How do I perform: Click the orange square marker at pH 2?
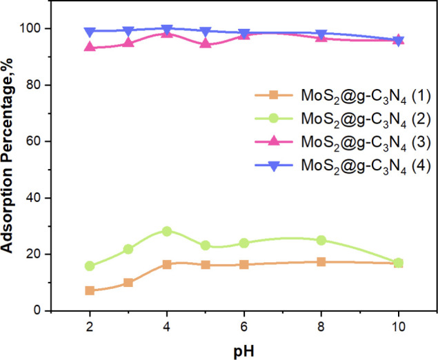90,290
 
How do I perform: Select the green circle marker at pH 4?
167,231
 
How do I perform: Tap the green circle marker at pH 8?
321,240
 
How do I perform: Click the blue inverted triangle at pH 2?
90,32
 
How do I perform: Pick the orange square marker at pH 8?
321,262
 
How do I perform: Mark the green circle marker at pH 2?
90,266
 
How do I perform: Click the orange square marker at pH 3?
128,282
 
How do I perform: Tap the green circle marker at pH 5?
205,245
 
